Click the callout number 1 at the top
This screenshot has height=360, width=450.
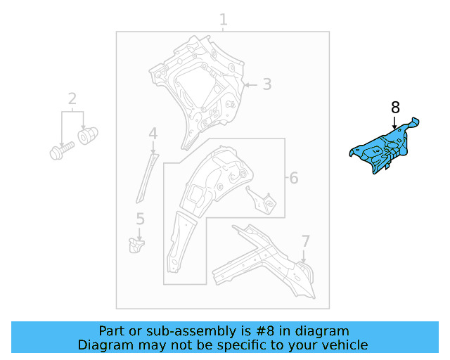click(224, 20)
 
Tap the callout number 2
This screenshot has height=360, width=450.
click(72, 98)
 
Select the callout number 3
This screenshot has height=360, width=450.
click(267, 84)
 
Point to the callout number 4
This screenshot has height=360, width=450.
click(153, 134)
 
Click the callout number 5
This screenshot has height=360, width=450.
click(140, 219)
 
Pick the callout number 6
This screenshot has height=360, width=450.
click(294, 178)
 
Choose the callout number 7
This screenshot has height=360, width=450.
click(306, 241)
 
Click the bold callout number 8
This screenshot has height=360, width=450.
click(395, 108)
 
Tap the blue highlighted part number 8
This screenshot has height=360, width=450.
click(382, 148)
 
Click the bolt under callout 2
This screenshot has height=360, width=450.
click(62, 150)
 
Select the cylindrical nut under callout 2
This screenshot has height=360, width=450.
click(87, 136)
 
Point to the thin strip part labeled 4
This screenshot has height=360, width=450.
click(147, 179)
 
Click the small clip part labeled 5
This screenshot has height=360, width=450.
click(136, 245)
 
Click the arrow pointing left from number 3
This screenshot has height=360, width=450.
click(251, 85)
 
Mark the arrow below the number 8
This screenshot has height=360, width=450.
click(395, 122)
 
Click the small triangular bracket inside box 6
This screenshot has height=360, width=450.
click(262, 201)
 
